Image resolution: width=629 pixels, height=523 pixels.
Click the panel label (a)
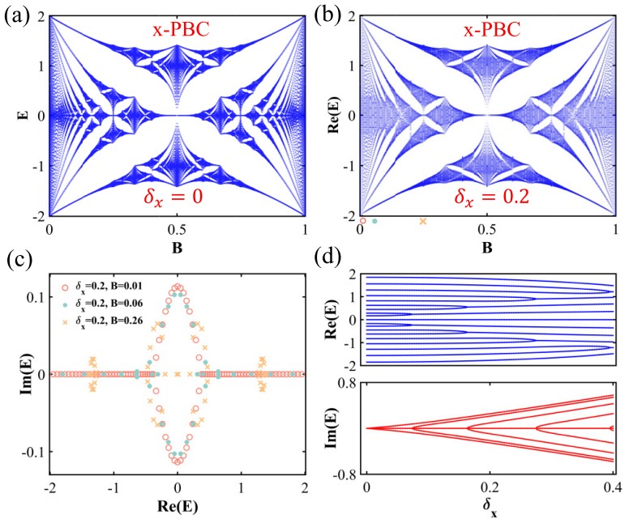point(18,13)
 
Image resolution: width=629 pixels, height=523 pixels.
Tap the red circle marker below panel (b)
point(362,220)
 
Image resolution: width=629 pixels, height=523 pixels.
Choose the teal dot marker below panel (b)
point(374,221)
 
